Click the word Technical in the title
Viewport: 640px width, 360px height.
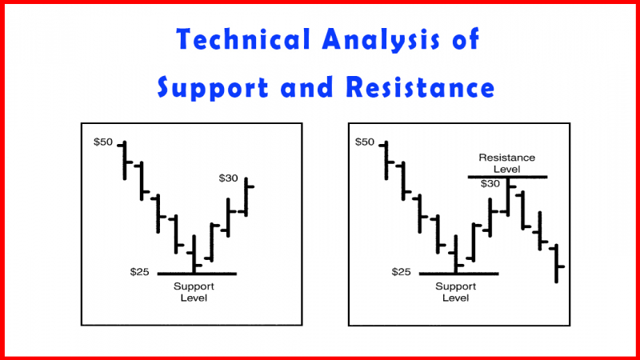243,39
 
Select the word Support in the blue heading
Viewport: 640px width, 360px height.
213,88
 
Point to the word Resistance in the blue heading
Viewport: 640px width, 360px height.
421,87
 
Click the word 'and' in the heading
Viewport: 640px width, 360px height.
306,87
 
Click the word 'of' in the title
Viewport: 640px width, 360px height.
466,39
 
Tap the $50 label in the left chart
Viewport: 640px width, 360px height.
103,142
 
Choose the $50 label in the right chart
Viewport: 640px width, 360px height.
365,142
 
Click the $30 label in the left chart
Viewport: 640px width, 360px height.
228,178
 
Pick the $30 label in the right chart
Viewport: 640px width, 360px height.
490,184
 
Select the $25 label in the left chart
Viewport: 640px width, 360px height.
139,272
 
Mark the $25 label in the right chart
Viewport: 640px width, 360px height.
402,272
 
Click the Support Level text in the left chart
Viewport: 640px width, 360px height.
194,292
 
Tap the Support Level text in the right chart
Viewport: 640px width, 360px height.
455,292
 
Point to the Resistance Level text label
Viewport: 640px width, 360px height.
507,163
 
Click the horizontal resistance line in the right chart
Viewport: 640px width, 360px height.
507,177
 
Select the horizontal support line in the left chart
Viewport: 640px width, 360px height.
197,274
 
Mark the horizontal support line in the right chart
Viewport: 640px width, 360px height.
458,274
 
